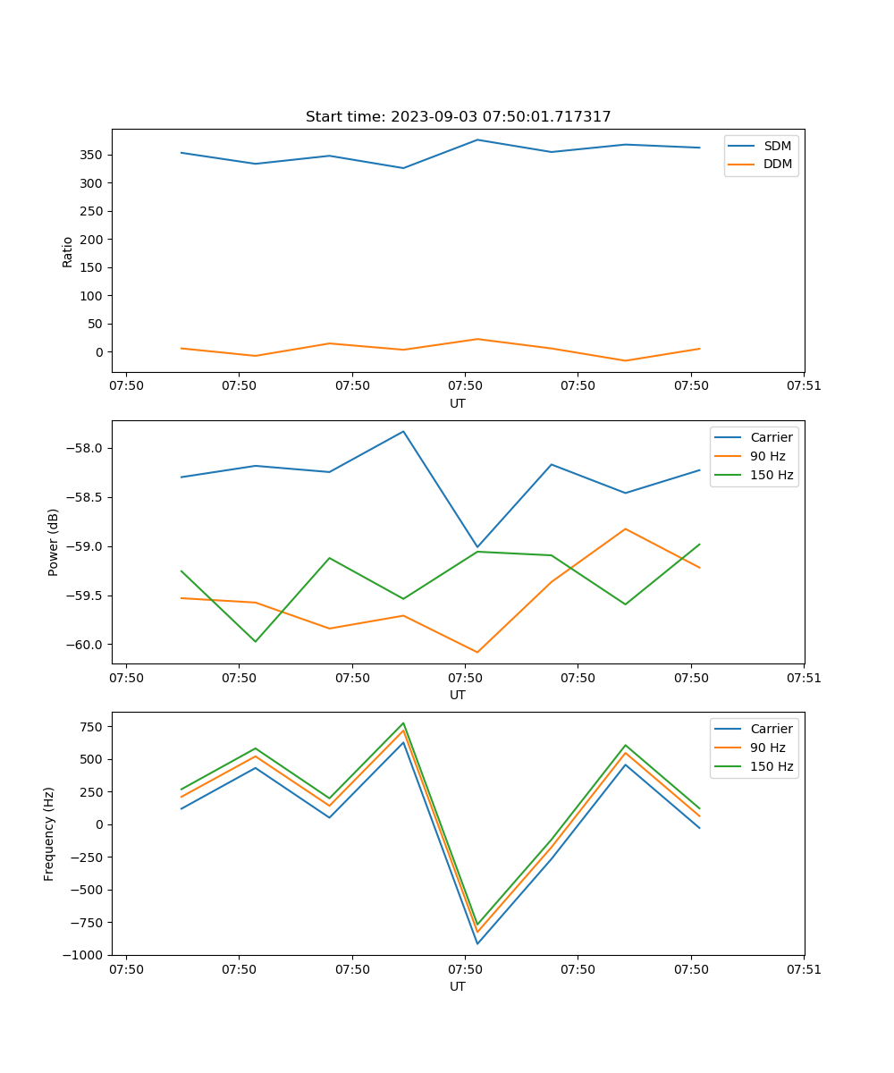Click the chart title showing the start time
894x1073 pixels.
coord(458,117)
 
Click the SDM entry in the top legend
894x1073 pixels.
coord(777,146)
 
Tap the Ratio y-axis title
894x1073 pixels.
coord(68,250)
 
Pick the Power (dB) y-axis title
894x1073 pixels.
coord(54,542)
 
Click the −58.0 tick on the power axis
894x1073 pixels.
coord(86,449)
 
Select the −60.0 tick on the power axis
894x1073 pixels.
coord(86,645)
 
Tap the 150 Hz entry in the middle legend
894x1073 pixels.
coord(772,475)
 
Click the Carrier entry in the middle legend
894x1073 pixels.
coord(771,437)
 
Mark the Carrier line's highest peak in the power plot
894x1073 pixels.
coord(403,432)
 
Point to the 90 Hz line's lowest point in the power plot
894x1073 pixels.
coord(477,652)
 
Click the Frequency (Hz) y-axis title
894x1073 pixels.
coord(49,833)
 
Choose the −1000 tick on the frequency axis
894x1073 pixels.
coord(85,955)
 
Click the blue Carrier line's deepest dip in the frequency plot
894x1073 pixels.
coord(477,943)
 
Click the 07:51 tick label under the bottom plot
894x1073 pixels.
coord(804,968)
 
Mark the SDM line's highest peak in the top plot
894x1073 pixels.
coord(477,139)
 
